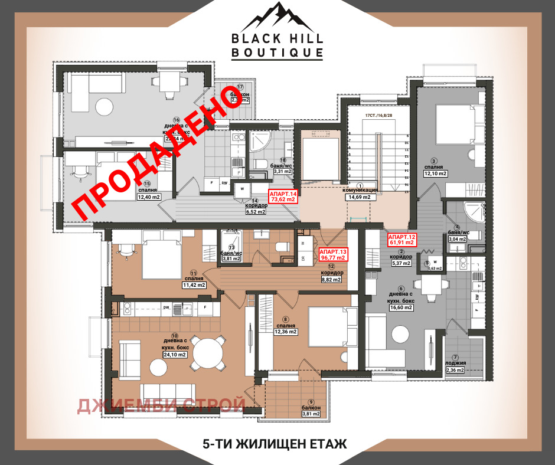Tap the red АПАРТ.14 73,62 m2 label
[283, 197]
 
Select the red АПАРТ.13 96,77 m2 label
[333, 254]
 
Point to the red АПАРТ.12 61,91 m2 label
[402, 239]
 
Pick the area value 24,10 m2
[175, 355]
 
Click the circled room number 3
[433, 161]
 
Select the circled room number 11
[194, 273]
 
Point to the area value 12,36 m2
[285, 332]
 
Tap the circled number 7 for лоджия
[455, 357]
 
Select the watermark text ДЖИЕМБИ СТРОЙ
[161, 405]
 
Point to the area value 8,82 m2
[331, 280]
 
